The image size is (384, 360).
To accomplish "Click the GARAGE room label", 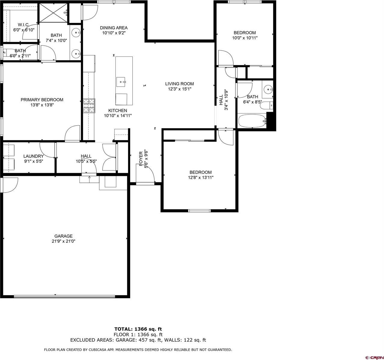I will coord(63,236).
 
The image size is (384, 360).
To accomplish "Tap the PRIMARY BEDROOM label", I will coord(42,100).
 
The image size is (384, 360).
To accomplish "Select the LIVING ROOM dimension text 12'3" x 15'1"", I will coord(180,89).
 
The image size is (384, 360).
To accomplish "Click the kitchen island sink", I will coord(121,81).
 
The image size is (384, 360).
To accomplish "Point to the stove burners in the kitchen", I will coord(89,106).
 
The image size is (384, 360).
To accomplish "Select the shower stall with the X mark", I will coord(54,13).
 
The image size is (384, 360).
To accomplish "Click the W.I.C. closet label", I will coord(23,25).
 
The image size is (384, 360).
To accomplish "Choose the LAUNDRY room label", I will coord(33,156).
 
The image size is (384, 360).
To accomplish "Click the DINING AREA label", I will coord(114,28).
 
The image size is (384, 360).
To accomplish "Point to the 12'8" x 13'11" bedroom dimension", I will coord(201,177).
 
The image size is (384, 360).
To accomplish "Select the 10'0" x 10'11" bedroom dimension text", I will coord(245,38).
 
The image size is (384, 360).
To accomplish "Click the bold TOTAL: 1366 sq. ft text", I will coord(138,329).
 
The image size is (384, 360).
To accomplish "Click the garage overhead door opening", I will coord(64,297).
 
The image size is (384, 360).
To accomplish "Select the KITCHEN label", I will coord(118,111).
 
